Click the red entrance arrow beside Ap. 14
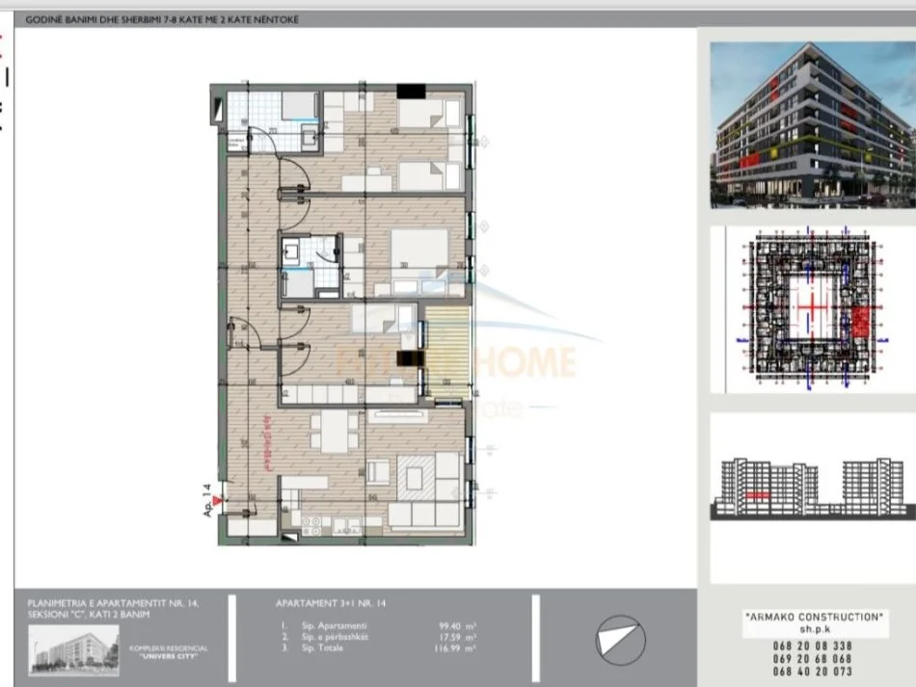[218, 501]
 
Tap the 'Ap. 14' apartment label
[206, 500]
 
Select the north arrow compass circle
[618, 639]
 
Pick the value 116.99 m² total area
[456, 647]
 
